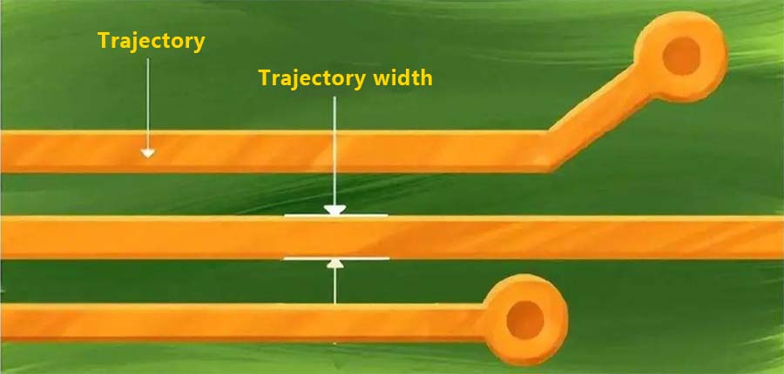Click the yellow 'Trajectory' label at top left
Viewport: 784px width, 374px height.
pos(152,42)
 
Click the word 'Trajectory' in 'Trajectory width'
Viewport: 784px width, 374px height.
pos(312,78)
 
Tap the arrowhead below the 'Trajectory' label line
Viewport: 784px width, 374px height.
pos(148,153)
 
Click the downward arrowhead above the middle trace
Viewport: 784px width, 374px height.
pos(335,210)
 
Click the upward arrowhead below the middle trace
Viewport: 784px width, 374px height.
pos(335,264)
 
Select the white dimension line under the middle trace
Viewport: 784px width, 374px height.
pos(366,258)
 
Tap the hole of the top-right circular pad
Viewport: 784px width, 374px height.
pos(682,57)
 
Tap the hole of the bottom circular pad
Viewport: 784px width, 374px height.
pos(524,319)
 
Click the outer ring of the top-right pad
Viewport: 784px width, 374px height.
pos(710,35)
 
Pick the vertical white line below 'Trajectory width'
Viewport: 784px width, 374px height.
pos(335,148)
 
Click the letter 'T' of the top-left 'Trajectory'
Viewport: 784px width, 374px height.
pos(104,41)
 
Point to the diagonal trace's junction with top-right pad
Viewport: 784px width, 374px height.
pos(643,80)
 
